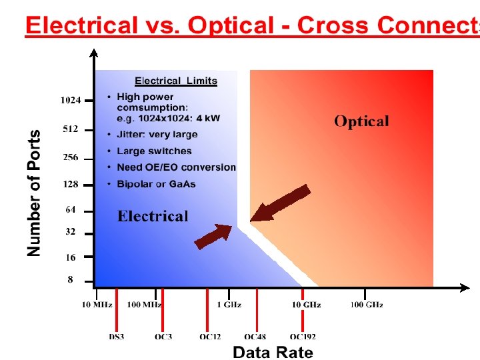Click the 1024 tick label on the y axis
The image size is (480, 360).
coord(71,101)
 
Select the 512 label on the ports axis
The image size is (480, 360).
coord(71,129)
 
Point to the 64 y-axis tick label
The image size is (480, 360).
coord(71,210)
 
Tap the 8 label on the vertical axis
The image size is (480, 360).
coord(71,280)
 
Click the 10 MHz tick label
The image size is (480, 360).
coord(97,305)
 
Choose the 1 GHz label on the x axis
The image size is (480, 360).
coord(229,305)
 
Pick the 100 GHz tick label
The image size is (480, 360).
coord(367,305)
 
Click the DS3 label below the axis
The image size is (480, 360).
coord(117,337)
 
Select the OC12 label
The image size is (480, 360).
coord(210,337)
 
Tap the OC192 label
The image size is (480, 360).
coord(303,337)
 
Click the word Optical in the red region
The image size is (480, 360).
coord(361,121)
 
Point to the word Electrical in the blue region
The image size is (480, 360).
coord(153,216)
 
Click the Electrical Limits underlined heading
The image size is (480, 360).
coord(176,81)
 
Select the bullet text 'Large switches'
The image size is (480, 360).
coord(154,151)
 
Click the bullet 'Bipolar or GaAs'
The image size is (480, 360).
coord(156,184)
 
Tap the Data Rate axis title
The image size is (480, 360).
coord(273,352)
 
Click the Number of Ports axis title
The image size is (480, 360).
coord(34,192)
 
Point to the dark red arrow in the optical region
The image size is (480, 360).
coord(280,203)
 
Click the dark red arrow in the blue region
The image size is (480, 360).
coord(213,236)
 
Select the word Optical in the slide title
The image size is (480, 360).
coord(231,25)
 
